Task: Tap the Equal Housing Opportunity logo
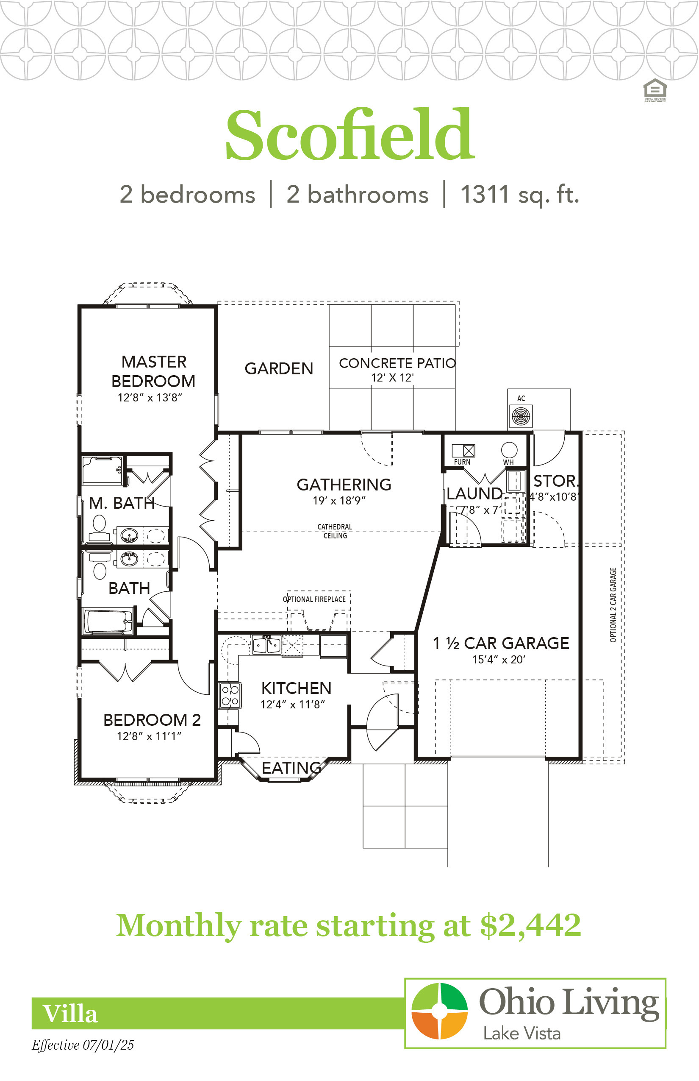click(655, 90)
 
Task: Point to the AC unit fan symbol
click(521, 416)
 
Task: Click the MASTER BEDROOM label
click(153, 371)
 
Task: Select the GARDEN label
click(279, 368)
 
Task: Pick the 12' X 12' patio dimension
click(392, 377)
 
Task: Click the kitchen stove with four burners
click(230, 695)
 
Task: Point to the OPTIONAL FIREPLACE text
click(314, 599)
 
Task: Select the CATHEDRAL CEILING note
click(335, 531)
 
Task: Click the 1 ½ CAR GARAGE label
click(501, 643)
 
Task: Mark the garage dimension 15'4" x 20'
click(498, 660)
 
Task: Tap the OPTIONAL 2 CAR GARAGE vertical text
click(613, 605)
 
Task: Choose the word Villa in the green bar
click(70, 1014)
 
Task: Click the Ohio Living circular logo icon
click(439, 1011)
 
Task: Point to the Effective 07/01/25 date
click(83, 1045)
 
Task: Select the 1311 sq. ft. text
click(520, 195)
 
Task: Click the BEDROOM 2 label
click(152, 720)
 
